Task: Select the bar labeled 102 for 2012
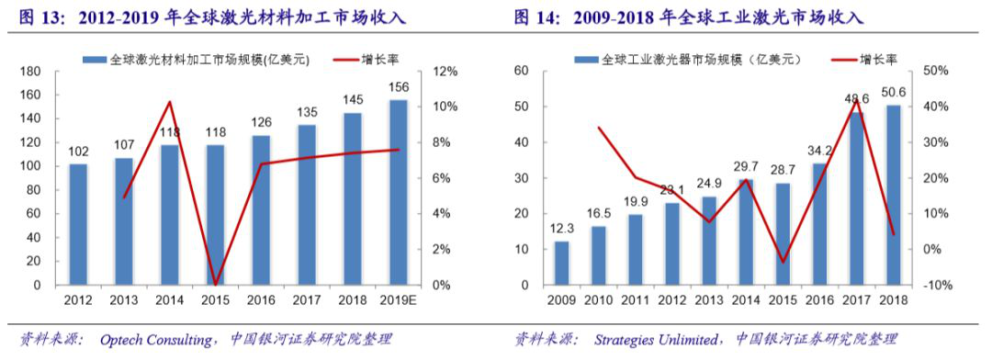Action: point(78,224)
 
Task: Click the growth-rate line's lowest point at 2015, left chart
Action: point(215,284)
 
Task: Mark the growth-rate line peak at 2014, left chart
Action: point(169,102)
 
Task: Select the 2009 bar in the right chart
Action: point(561,263)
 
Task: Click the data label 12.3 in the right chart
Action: point(561,228)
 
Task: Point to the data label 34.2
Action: point(816,151)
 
